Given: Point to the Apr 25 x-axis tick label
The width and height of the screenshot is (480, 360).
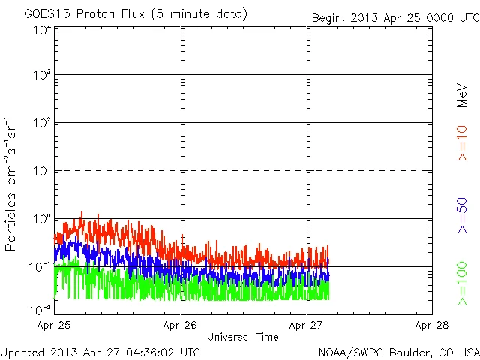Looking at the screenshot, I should pos(55,325).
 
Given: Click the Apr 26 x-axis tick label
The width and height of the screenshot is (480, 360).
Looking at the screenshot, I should pos(180,325).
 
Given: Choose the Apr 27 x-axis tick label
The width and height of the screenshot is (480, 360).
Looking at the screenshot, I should pos(306,325).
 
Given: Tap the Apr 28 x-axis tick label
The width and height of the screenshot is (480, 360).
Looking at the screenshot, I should pos(431,325).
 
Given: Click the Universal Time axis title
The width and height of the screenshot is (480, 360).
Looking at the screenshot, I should pos(243,337).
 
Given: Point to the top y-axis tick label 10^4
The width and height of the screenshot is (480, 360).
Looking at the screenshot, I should pos(41,30).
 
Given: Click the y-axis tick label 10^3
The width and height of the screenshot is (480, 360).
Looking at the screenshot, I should pos(41,76).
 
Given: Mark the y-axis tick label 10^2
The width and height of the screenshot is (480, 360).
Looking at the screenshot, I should pos(41,123).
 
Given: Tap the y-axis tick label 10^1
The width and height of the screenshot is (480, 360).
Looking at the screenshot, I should pos(41,171).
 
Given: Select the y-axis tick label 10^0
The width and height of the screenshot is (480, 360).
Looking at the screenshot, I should pos(41,219).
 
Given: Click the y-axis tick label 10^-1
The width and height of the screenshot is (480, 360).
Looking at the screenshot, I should pos(40,267).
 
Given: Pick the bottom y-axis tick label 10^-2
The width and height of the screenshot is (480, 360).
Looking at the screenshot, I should pos(40,309).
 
